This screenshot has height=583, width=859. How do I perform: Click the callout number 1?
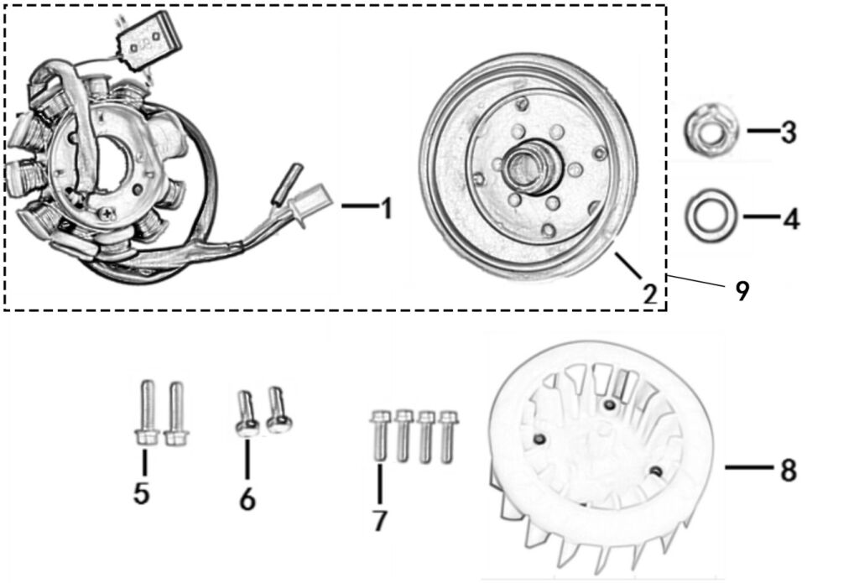tap(386, 207)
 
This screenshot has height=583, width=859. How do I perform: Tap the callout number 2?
tap(649, 293)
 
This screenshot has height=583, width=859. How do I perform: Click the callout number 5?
tap(142, 493)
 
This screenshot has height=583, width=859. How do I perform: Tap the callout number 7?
tap(380, 520)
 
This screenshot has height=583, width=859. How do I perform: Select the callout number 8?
tap(788, 470)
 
